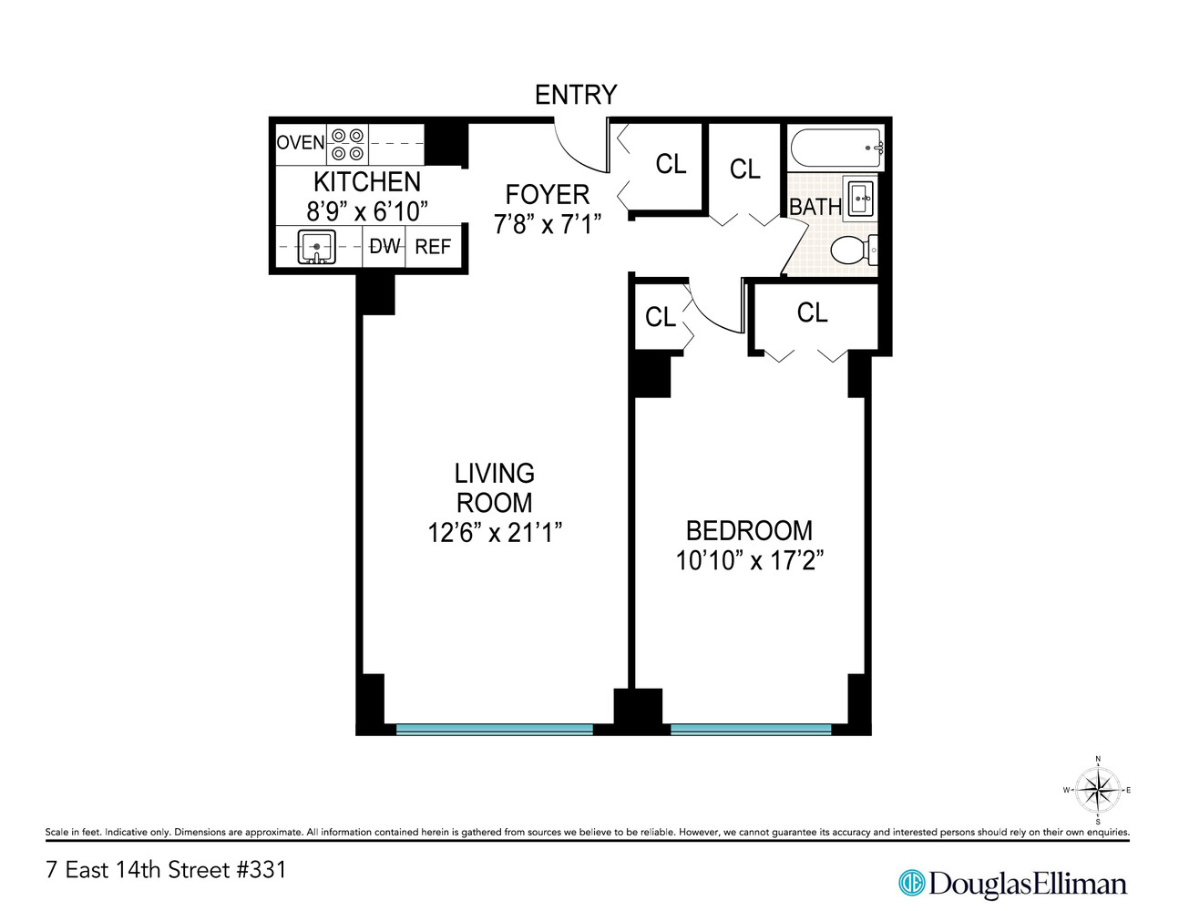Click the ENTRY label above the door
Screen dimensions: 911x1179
575,95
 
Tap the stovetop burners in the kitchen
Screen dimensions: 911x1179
347,144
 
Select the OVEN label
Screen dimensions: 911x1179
300,143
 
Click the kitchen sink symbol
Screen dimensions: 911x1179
316,247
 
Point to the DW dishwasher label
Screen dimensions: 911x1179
384,247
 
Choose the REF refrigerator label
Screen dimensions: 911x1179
433,248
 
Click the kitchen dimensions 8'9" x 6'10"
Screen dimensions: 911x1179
366,211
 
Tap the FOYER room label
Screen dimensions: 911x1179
547,194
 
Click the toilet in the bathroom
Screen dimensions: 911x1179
854,250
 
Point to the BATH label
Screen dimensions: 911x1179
815,208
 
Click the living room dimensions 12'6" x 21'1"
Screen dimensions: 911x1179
494,533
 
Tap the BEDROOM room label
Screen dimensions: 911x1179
749,530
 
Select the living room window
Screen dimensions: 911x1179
494,729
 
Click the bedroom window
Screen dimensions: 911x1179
751,729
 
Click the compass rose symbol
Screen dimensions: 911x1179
1097,790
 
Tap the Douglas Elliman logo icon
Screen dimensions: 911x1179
910,882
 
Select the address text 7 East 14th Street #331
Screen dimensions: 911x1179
166,870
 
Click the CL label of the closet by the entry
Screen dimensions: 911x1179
671,164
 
